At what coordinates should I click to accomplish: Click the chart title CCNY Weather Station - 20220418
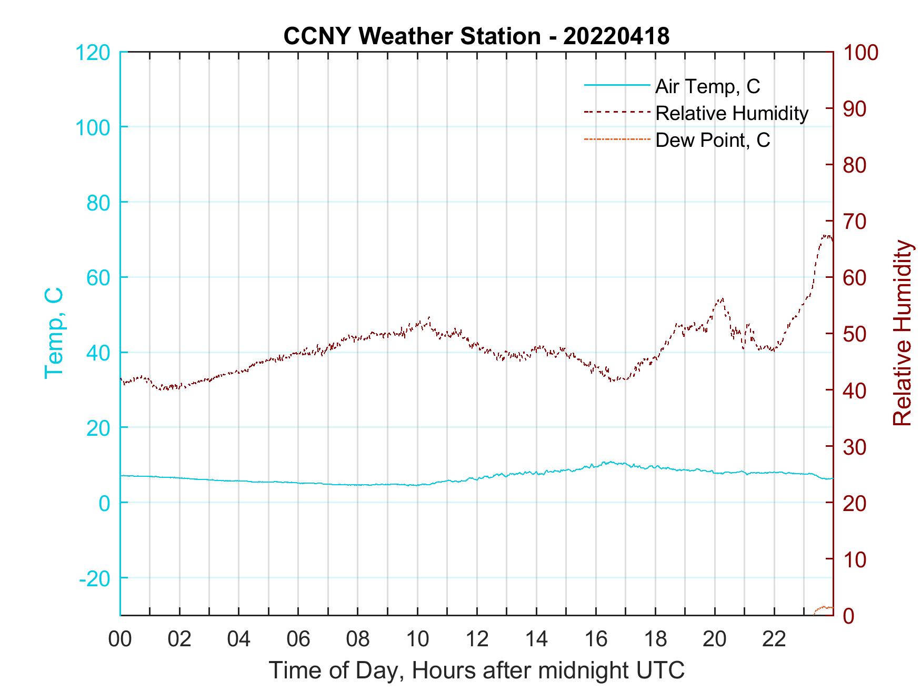(476, 36)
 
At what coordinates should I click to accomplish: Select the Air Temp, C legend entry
(707, 86)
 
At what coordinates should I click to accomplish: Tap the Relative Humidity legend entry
(731, 113)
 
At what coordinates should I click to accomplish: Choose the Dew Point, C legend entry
(712, 140)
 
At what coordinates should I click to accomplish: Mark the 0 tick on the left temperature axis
(104, 503)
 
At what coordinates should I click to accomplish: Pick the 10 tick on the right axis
(855, 559)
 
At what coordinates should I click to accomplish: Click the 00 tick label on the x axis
(120, 639)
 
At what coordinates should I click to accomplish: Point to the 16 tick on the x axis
(596, 639)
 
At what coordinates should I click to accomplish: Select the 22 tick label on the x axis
(774, 639)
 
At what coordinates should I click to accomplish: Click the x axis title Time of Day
(476, 671)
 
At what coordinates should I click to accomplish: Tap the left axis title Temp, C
(54, 333)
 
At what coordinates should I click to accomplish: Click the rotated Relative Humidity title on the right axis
(902, 333)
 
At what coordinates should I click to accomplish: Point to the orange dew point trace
(824, 608)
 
